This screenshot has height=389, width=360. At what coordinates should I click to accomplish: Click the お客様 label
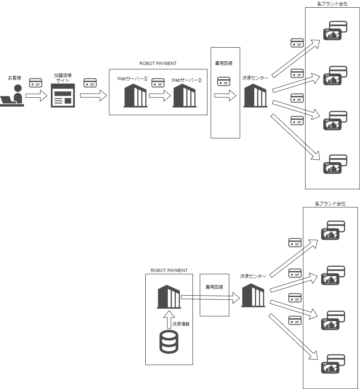point(15,78)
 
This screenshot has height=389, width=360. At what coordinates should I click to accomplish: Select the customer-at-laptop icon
point(12,96)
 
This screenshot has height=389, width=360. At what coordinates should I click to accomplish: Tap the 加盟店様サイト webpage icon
point(63,96)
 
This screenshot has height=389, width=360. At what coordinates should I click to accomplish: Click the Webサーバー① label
point(133,79)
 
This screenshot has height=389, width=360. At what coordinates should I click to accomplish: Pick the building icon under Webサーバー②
point(185,96)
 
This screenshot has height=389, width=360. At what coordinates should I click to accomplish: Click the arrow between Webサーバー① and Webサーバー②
point(160,96)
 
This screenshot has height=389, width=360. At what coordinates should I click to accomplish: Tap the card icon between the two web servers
point(158,83)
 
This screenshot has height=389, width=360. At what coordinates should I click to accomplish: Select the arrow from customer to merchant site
point(36,96)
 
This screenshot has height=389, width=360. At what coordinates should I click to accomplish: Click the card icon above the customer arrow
point(36,83)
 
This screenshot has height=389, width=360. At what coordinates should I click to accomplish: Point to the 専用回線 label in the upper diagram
point(224,63)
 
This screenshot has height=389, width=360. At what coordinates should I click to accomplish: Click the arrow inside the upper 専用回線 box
point(225,96)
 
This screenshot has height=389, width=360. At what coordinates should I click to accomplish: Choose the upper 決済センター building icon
point(255,96)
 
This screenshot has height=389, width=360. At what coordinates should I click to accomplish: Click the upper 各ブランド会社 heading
point(332,4)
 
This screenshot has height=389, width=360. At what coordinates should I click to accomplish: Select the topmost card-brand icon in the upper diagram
point(335,31)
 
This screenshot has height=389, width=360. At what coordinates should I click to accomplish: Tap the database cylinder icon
point(169,342)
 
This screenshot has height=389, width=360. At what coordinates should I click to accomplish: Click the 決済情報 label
point(181,324)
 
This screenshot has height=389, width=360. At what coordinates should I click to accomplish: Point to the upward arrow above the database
point(169,320)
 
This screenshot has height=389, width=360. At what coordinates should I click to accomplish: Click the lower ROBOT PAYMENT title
point(169,271)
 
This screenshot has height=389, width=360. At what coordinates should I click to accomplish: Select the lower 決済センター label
point(253,276)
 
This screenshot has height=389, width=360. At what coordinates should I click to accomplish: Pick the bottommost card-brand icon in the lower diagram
point(333,364)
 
